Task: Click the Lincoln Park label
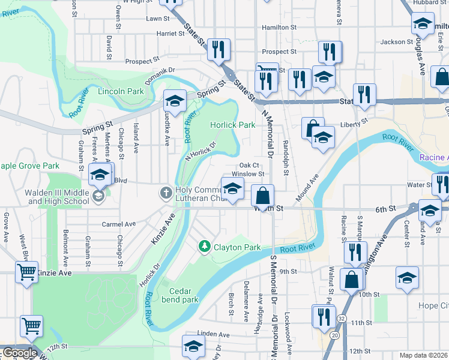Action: (x=121, y=91)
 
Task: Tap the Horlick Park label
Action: (x=233, y=125)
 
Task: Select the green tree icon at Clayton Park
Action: (x=205, y=247)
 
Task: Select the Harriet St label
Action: (x=170, y=34)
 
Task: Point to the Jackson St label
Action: (x=397, y=42)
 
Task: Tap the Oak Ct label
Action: (x=249, y=165)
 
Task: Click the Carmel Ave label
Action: (x=116, y=224)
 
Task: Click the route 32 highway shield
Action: (x=341, y=318)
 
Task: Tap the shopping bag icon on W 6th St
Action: (x=262, y=196)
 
